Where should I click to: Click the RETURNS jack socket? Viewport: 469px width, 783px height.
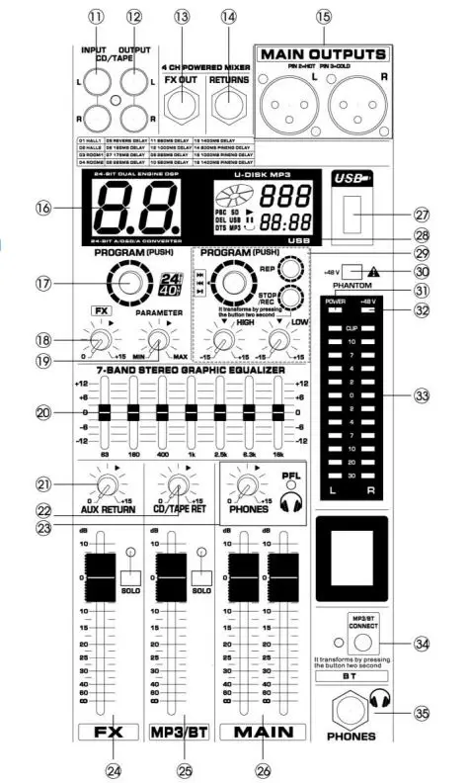coord(230,100)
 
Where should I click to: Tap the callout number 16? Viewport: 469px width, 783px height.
coord(42,209)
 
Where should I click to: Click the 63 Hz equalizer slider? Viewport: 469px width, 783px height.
coord(106,413)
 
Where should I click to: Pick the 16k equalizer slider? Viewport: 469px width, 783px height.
coord(277,413)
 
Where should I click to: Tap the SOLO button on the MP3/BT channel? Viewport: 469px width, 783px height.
coord(201,577)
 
